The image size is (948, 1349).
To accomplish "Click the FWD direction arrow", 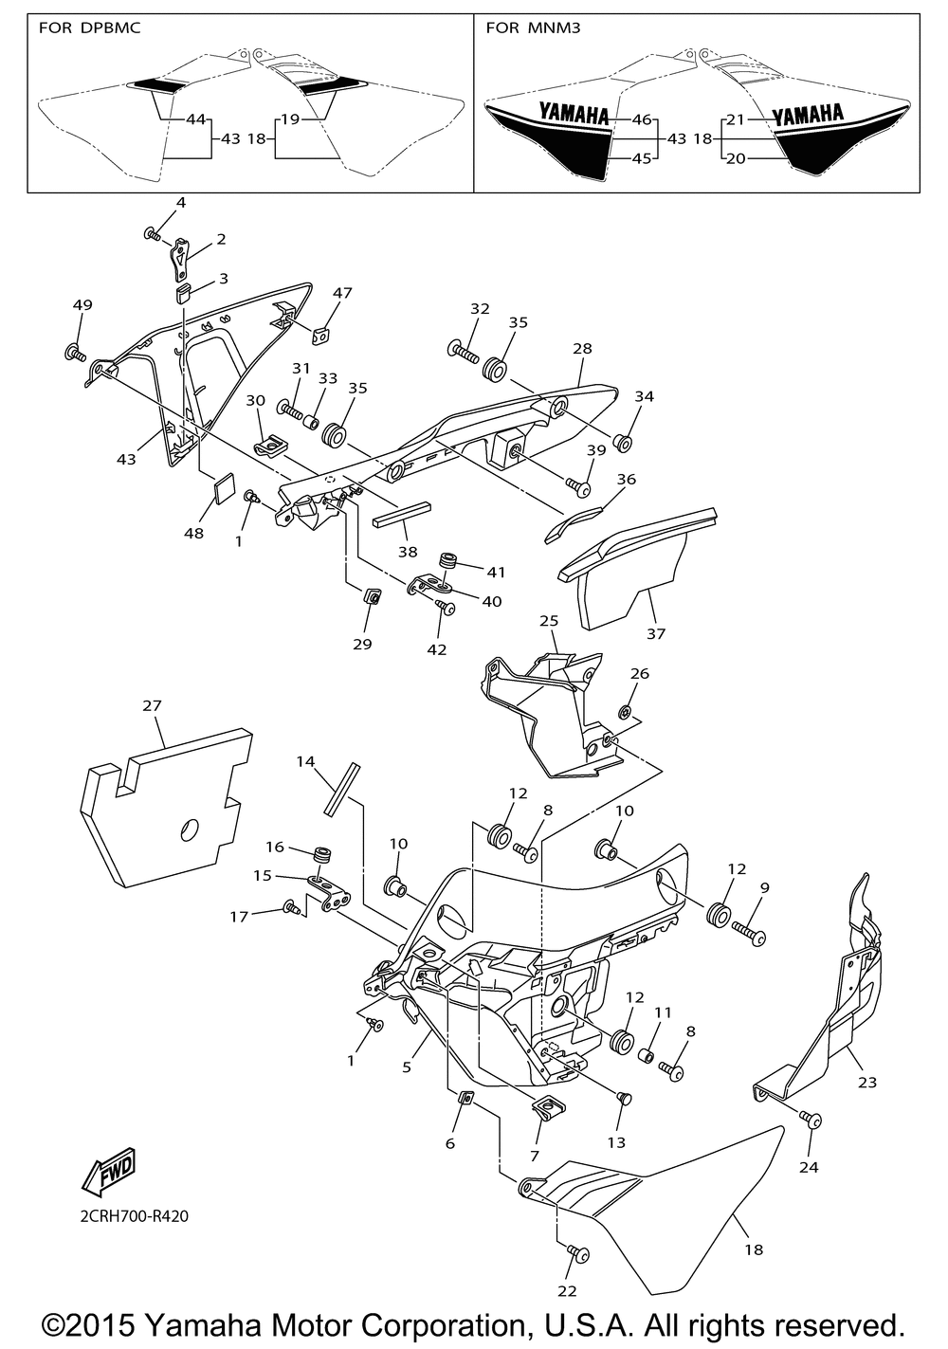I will click(x=110, y=1171).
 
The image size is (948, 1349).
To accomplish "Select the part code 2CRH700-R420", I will click(x=127, y=1215).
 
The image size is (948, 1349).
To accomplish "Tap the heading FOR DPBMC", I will click(x=90, y=28).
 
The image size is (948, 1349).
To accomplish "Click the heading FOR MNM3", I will click(x=533, y=28).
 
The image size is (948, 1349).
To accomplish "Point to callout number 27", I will click(x=152, y=705).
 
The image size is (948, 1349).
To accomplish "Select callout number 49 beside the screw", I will click(x=82, y=304).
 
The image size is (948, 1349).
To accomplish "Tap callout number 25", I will click(x=549, y=621).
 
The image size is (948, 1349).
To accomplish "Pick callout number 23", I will click(x=866, y=1082).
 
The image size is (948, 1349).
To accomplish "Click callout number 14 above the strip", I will click(x=304, y=761).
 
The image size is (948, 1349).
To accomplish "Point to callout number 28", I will click(x=581, y=349).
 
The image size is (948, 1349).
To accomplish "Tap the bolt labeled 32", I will click(x=461, y=351).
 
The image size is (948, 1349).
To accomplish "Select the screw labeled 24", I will click(x=812, y=1120).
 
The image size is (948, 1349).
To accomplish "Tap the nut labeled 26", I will click(x=624, y=711).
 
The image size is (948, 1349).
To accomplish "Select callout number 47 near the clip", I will click(x=341, y=293).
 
